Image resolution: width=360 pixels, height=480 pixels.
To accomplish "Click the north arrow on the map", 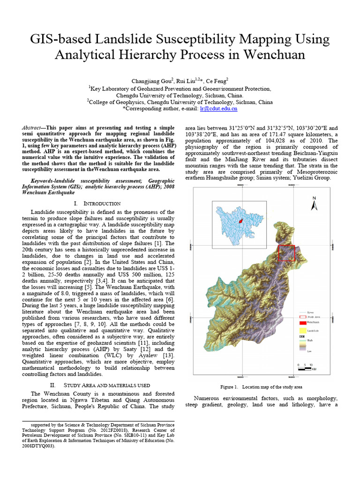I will click(315, 203).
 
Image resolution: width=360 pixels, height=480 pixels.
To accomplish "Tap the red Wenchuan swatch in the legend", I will click(302, 323).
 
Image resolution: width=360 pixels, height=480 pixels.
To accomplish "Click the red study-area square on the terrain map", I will click(286, 253).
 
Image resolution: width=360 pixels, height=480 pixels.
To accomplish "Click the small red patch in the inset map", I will click(240, 220).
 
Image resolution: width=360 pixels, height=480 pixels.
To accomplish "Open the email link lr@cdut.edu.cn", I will click(218, 108).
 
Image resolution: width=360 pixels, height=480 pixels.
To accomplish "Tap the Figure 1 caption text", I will click(261, 387).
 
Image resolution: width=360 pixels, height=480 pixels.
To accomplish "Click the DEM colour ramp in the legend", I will click(302, 345).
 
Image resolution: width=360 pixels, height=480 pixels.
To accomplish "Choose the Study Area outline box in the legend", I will click(302, 317).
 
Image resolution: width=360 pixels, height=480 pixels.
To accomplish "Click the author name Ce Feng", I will click(214, 81).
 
